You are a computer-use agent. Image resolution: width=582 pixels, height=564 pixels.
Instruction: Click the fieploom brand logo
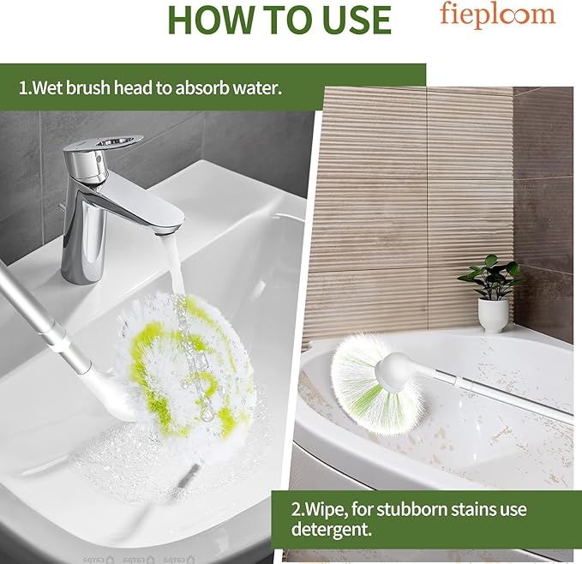497,15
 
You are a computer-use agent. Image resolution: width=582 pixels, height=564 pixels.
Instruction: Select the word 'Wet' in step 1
49,87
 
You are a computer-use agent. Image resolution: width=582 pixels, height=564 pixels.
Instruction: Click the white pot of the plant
493,315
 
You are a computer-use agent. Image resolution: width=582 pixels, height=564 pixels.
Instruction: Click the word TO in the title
282,19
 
